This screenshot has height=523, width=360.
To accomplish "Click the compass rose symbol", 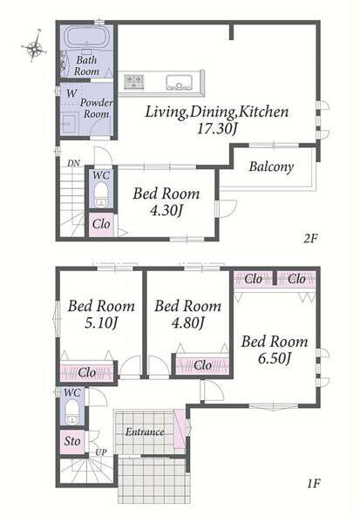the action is coord(34,48).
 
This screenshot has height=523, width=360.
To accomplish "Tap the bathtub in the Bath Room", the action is coord(87,37).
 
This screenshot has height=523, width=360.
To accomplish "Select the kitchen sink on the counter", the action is coord(180,82).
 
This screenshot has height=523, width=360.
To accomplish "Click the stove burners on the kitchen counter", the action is coord(133,81).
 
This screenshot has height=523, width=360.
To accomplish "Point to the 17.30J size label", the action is coord(216,128).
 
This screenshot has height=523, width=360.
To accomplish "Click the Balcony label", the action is coord(271,166).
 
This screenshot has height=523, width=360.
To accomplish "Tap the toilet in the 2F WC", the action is coord(100,195).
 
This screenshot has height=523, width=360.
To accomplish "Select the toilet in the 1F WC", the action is coord(72,412).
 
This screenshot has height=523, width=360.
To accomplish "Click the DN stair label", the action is coord(73,163).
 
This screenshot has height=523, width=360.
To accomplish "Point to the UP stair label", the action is coord(101,452).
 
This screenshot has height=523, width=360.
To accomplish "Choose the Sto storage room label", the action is coord(72,441).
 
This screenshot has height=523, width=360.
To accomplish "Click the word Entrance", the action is coord(145,432).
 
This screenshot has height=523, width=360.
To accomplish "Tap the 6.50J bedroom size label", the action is coord(275,358).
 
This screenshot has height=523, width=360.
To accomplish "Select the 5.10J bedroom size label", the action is coord(101,323).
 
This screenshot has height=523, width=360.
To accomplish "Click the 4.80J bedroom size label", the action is coord(187,323).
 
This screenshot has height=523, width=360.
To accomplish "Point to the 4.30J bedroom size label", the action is coord(166,210).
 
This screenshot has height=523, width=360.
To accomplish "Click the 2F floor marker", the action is coord(310,238).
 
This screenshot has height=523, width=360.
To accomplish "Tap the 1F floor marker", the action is coord(313,483).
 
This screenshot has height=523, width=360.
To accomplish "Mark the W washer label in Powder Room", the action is coord(71,93).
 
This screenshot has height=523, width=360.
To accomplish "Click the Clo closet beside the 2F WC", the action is coord(101,224).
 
